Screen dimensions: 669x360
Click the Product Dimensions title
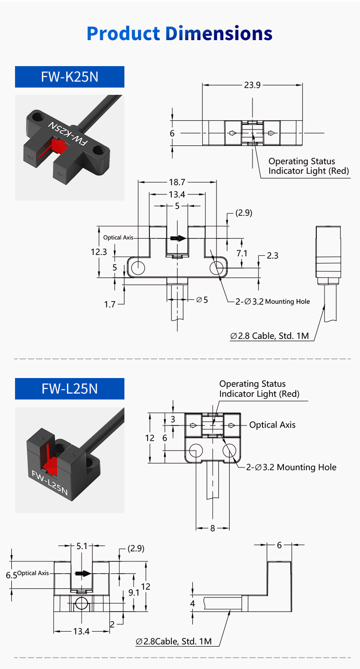coord(180,34)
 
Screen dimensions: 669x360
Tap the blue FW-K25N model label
coord(70,77)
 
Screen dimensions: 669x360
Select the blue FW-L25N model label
coord(70,389)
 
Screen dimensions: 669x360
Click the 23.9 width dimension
coord(252,85)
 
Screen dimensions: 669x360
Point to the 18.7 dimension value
coord(177,182)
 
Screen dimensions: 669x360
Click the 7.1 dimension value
coord(242,253)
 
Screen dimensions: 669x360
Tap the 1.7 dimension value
coord(110,304)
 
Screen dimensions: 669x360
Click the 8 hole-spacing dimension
coord(212,528)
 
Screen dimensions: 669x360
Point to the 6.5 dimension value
coord(11,575)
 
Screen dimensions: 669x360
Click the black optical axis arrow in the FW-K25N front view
coord(178,238)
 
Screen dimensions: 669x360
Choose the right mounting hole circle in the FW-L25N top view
coord(229,451)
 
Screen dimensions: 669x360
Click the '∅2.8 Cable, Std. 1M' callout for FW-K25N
coord(270,336)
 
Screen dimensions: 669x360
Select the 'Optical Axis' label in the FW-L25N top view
coord(272,425)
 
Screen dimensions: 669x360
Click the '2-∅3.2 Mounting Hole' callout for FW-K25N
coord(273,301)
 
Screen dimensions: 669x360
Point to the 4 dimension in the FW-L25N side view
coord(192,603)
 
